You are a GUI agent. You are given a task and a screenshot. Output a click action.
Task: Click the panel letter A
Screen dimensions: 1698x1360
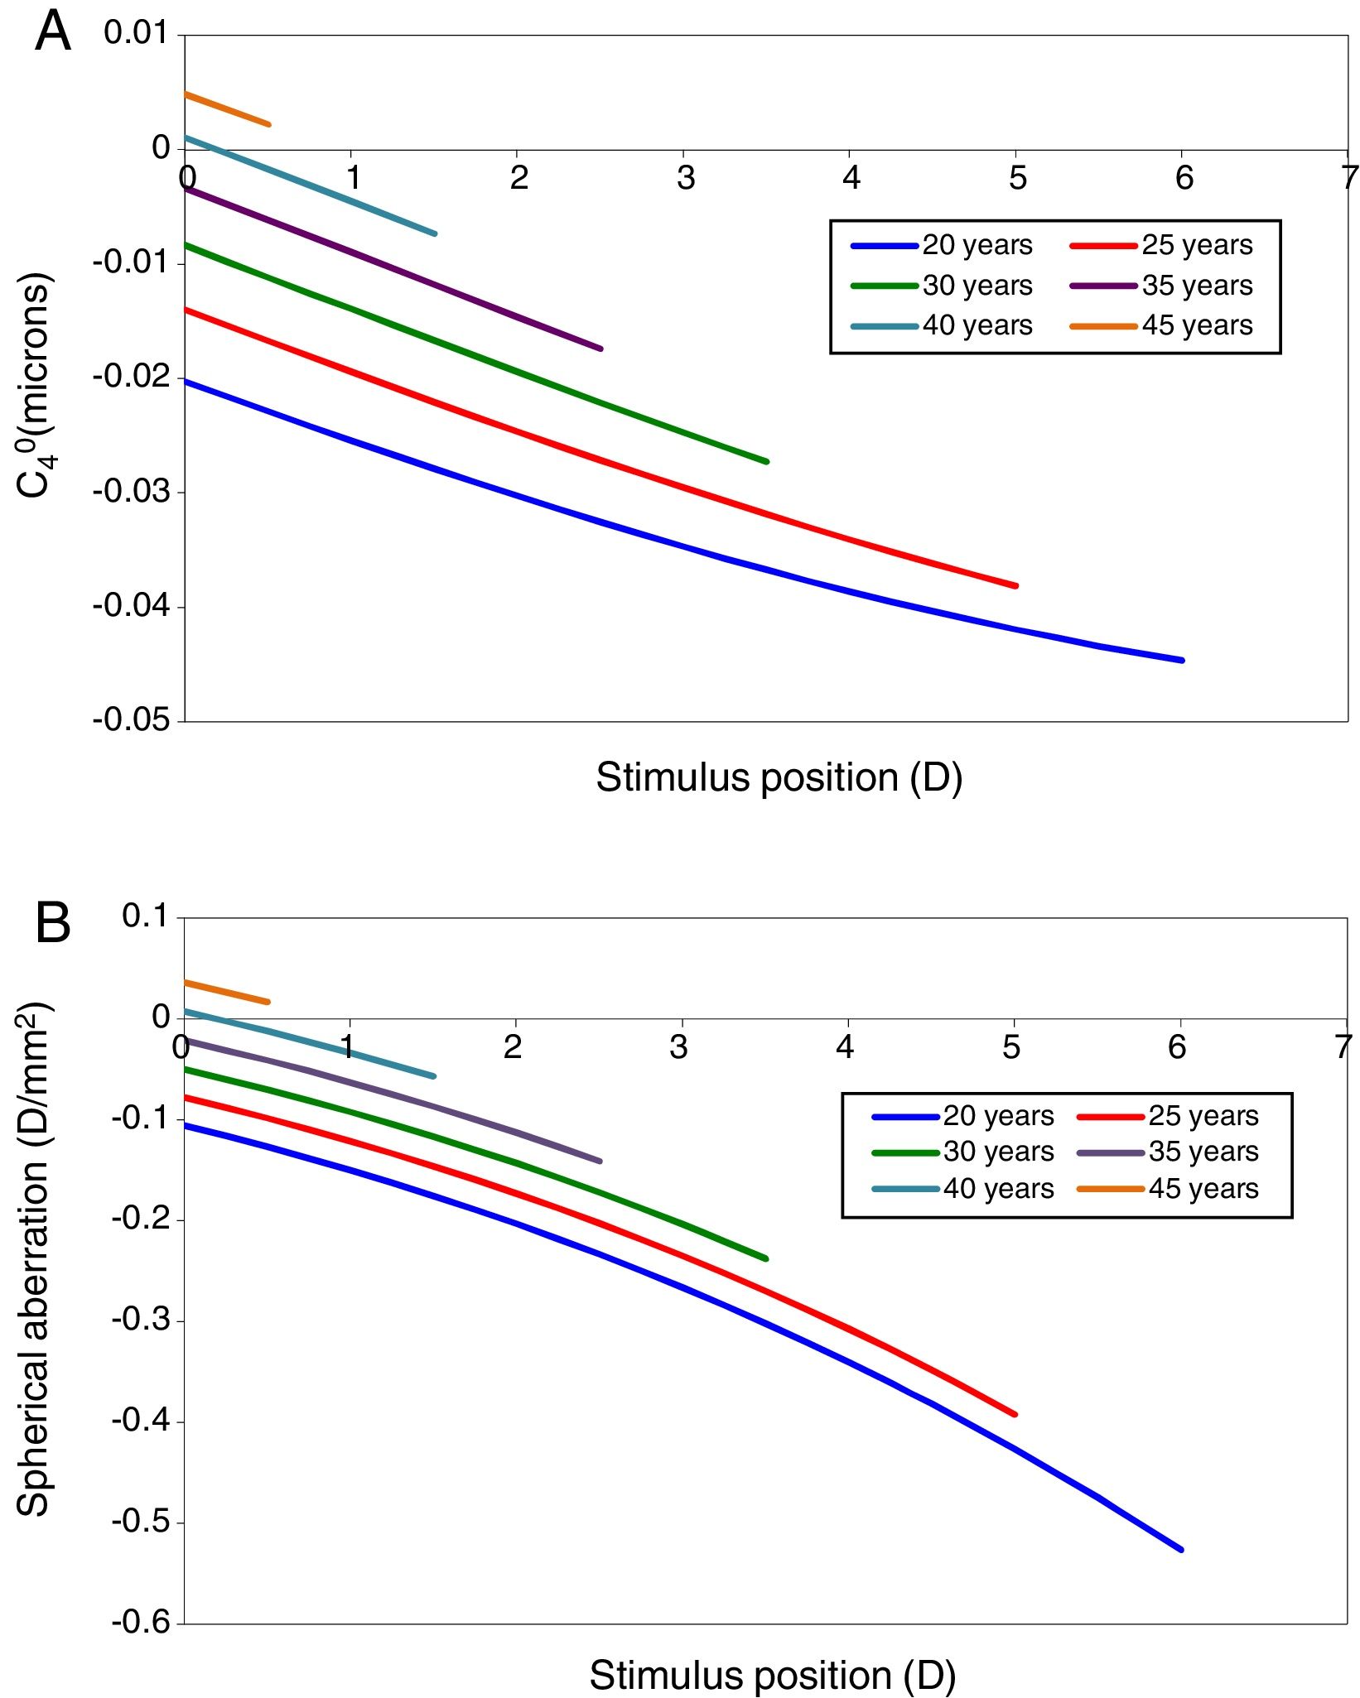[x=53, y=33]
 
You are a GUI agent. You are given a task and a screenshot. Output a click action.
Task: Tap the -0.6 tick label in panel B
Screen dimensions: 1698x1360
[x=141, y=1622]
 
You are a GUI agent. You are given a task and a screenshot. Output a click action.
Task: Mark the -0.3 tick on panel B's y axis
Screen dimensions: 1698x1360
[x=141, y=1320]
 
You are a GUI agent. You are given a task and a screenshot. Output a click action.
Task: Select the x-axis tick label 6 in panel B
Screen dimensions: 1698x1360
[x=1177, y=1048]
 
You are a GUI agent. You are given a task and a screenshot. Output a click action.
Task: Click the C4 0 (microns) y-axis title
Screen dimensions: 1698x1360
[x=35, y=385]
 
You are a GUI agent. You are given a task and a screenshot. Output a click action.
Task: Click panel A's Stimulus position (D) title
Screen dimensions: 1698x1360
[x=779, y=778]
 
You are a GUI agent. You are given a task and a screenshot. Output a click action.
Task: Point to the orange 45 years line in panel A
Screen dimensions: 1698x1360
[x=227, y=109]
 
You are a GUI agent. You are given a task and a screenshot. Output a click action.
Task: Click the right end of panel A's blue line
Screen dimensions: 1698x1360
[x=1181, y=660]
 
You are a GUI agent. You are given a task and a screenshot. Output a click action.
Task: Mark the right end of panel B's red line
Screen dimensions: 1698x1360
[x=1015, y=1414]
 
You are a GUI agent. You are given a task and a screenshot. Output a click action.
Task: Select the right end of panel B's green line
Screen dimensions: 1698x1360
[x=766, y=1258]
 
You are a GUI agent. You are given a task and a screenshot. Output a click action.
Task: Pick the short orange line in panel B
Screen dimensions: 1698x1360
[x=225, y=992]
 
